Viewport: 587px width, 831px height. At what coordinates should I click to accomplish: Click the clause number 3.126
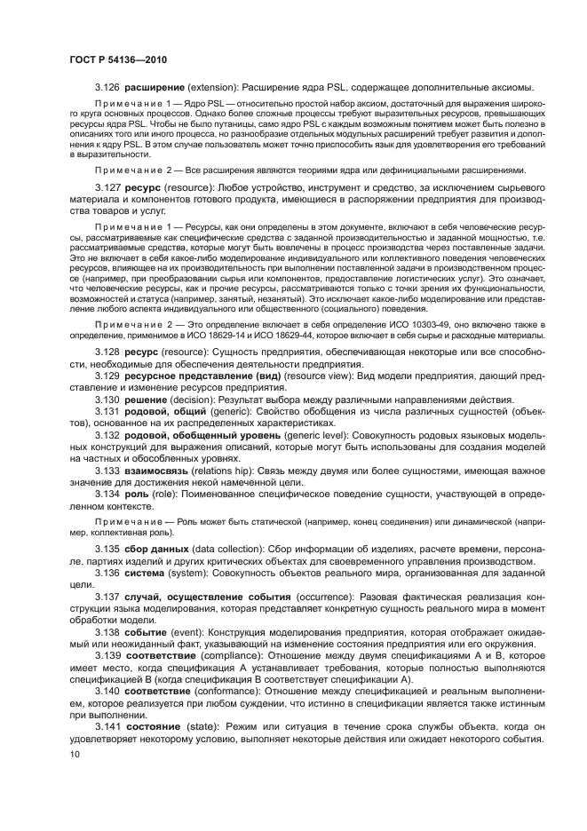(107, 88)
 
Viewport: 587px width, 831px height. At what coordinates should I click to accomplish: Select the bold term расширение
(155, 88)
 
